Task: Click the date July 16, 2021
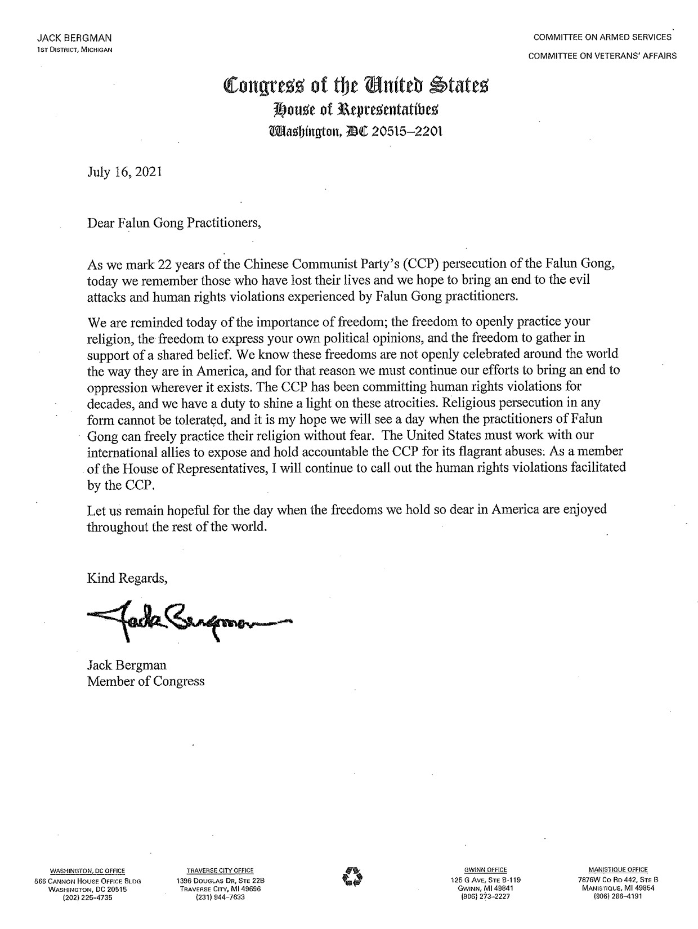point(124,172)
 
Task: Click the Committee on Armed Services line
point(602,37)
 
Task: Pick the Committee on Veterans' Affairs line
point(602,56)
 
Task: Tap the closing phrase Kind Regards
point(127,578)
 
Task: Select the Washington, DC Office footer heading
point(88,870)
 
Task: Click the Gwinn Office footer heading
point(485,870)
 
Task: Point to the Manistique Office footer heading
point(618,869)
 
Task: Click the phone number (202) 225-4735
point(88,898)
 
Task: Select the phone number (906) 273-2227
point(485,897)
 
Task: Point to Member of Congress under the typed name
point(146,681)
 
